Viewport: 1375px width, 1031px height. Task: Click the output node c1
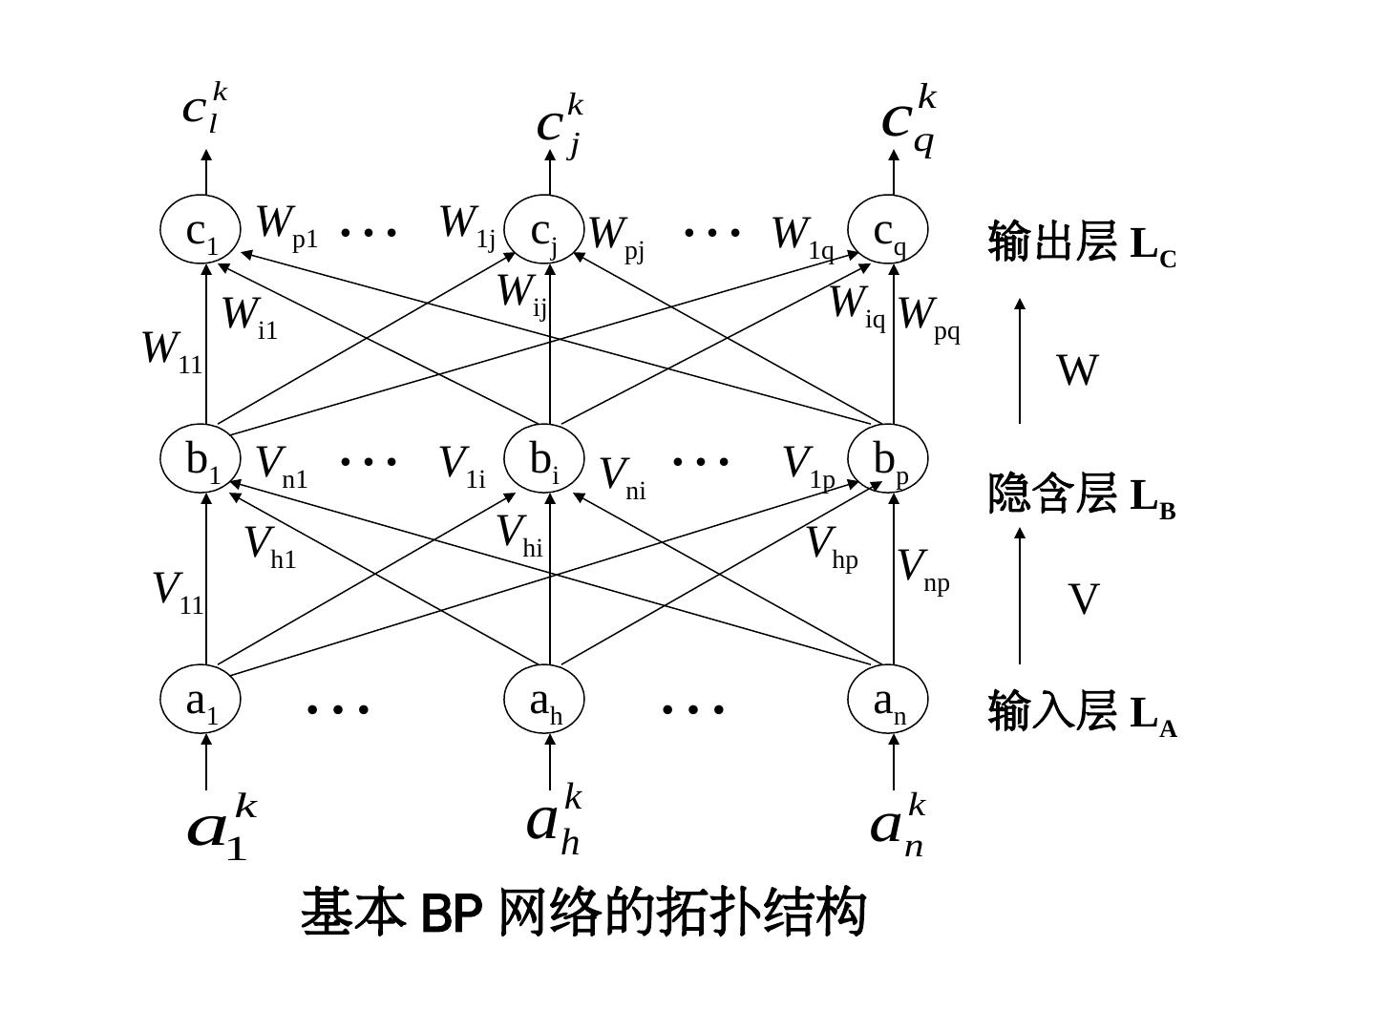coord(200,229)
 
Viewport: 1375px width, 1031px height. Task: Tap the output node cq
coord(888,229)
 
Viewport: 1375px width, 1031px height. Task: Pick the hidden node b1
coord(200,460)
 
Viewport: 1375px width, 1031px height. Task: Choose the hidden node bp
coord(888,460)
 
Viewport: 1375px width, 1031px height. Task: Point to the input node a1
coord(200,700)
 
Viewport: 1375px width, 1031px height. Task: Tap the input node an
coord(888,700)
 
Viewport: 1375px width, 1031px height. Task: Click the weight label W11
coord(172,350)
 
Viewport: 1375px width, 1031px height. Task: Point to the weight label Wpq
coord(929,317)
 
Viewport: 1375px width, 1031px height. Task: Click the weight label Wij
coord(522,294)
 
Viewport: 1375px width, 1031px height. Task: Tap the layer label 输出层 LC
coord(1082,242)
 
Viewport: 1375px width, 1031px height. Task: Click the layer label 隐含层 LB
coord(1082,494)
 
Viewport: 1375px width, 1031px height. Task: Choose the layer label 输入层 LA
coord(1082,712)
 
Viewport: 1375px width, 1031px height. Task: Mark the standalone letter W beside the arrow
coord(1077,370)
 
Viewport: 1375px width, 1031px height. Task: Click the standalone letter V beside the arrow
coord(1083,600)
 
